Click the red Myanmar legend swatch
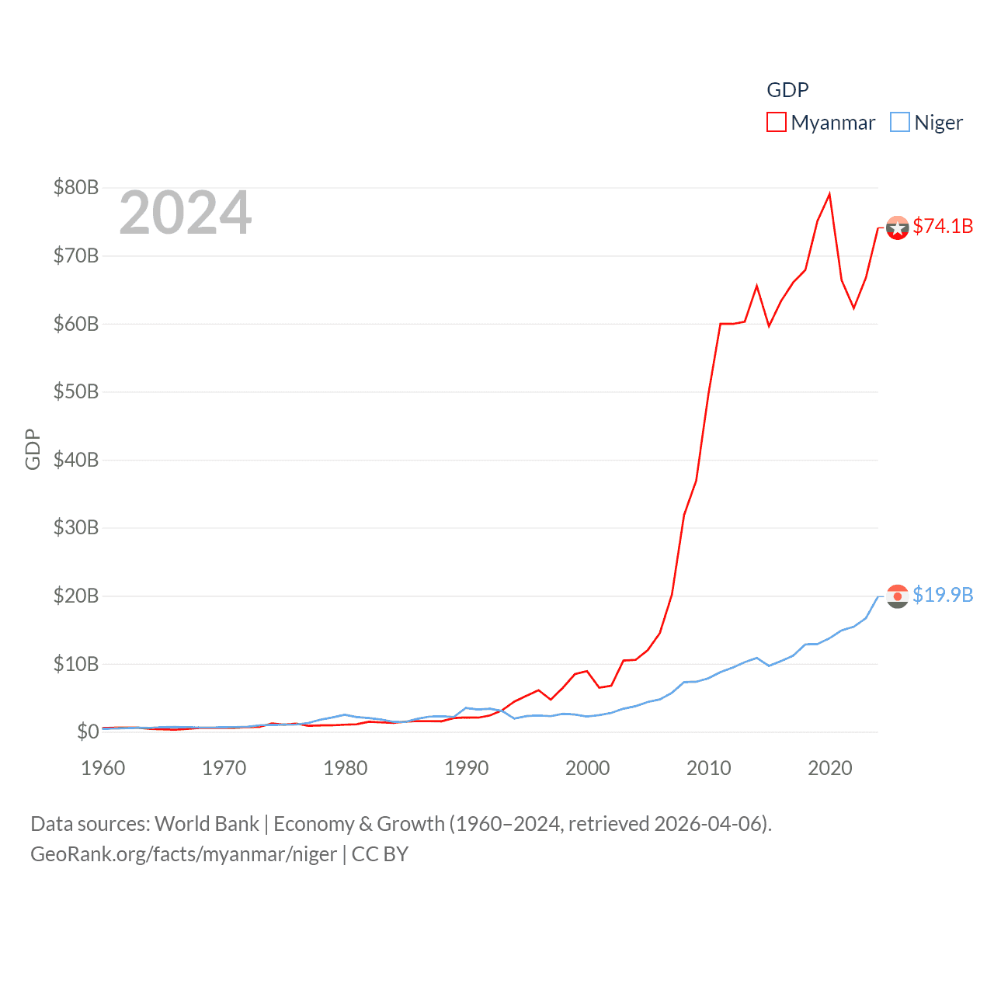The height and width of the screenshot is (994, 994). pos(776,122)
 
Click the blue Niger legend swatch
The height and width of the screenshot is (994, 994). pos(899,122)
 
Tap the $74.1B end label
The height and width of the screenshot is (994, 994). pos(943,226)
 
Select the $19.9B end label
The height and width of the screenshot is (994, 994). pos(943,595)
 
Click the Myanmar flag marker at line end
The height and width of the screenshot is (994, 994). pos(897,228)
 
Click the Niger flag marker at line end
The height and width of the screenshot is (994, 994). pos(897,596)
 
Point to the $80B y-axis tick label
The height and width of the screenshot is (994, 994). pos(76,187)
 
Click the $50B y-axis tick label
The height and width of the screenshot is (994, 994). pos(76,391)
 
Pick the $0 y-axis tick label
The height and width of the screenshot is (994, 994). pos(88,732)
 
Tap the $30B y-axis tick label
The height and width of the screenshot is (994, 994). pos(76,527)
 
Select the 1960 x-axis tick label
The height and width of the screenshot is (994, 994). pos(103,768)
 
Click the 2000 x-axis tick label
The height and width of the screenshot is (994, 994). pos(588,768)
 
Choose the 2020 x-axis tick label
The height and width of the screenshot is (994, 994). pos(830,768)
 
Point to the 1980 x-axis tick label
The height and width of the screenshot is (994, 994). pos(346,768)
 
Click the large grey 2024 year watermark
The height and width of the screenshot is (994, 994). pos(186,213)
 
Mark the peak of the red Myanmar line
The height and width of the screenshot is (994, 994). pos(829,194)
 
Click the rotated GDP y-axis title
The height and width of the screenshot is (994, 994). pos(33,449)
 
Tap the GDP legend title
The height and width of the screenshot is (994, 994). pos(787,90)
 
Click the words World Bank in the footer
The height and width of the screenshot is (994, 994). pos(207,823)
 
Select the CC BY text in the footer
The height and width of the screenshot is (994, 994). pos(380,854)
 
